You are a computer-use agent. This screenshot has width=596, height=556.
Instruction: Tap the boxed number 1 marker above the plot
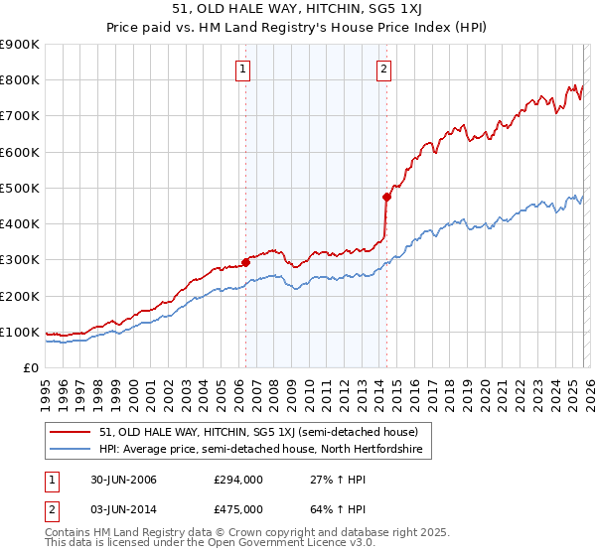click(x=243, y=69)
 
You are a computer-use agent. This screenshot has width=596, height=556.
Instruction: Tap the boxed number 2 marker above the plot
click(x=383, y=69)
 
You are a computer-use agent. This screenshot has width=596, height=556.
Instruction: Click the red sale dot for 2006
click(x=245, y=262)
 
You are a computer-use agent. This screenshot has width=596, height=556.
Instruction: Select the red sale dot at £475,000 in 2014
click(x=386, y=197)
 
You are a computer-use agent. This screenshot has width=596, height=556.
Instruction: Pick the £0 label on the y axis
click(x=29, y=367)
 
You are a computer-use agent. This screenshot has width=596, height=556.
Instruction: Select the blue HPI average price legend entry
click(x=260, y=450)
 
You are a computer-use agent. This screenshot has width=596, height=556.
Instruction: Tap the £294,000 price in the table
click(x=237, y=480)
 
